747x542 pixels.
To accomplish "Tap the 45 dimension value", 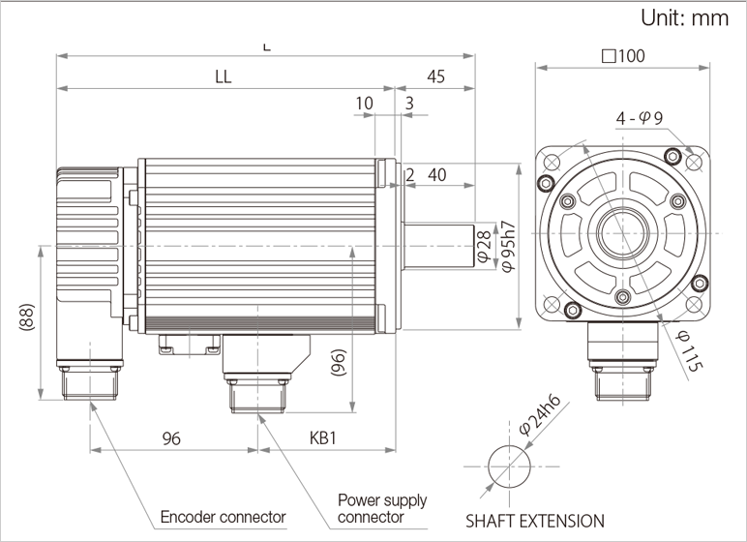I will [435, 77].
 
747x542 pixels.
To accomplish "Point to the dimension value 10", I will [364, 103].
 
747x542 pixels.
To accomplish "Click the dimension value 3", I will [410, 103].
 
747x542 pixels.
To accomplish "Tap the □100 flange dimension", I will [623, 55].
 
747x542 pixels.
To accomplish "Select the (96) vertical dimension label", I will [338, 369].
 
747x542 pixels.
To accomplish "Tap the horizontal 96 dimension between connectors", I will [171, 438].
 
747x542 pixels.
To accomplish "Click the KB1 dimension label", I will [322, 438].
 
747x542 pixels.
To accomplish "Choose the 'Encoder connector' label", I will [223, 516].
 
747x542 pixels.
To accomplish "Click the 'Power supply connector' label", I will [381, 508].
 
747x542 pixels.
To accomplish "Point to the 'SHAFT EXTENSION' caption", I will [535, 520].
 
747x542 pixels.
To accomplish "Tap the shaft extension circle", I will [508, 466].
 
